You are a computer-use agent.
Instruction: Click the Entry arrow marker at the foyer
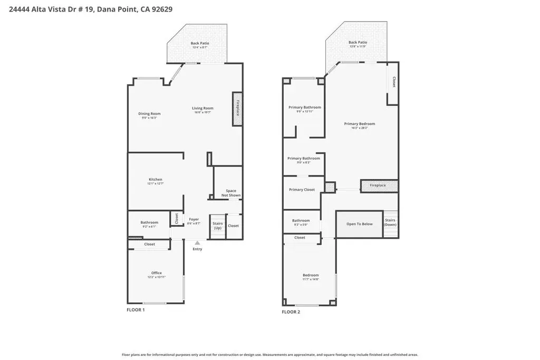(197, 243)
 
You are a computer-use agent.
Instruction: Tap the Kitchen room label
(155, 180)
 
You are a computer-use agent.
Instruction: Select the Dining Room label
(149, 114)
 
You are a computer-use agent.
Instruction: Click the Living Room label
(202, 109)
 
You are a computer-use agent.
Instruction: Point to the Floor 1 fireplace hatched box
(237, 109)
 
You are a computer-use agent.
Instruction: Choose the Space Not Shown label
(231, 193)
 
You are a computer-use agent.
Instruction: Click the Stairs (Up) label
(217, 226)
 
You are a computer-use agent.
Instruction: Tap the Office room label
(156, 273)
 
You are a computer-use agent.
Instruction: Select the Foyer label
(194, 219)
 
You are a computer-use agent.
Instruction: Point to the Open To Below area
(359, 224)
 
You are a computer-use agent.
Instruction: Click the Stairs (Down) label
(390, 222)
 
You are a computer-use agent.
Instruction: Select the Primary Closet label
(302, 190)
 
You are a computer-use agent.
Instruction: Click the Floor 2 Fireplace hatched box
(379, 186)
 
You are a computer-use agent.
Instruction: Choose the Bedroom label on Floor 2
(310, 275)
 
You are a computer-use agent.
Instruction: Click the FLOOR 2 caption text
(291, 312)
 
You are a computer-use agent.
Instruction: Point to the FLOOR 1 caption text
(136, 310)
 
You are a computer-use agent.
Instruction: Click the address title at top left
(91, 9)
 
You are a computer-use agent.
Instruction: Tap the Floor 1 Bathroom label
(149, 222)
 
